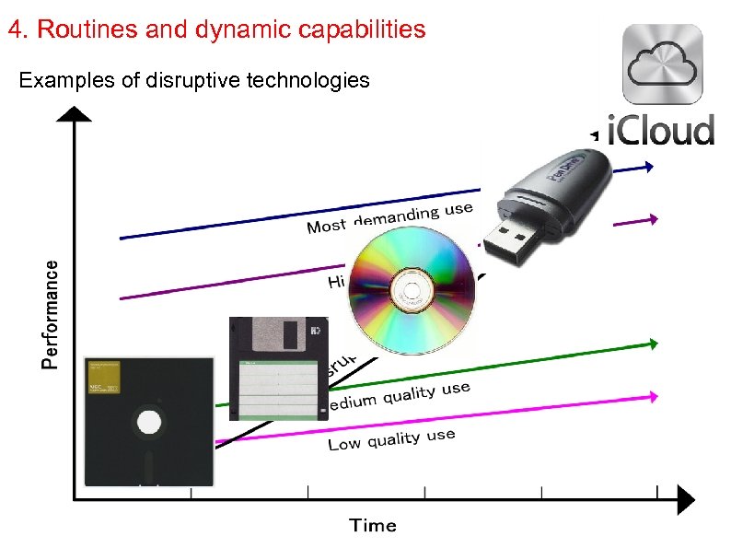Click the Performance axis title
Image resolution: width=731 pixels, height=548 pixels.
pos(53,314)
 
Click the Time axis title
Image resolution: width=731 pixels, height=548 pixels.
pos(373,525)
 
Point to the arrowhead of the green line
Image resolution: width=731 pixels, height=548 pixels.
pos(653,344)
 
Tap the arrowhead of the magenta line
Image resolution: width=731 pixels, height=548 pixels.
pos(653,395)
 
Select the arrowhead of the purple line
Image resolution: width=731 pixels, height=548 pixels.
pos(653,219)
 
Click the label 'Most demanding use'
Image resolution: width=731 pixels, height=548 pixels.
pos(389,219)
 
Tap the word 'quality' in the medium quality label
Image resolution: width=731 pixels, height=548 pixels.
pos(409,394)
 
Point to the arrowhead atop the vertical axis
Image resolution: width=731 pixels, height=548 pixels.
pos(75,114)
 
